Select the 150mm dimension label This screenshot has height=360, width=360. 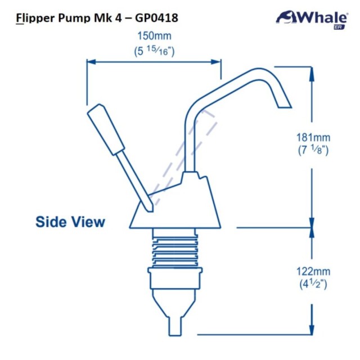[x=154, y=36]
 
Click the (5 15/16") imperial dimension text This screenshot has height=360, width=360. [x=154, y=51]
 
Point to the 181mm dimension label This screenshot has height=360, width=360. [x=313, y=137]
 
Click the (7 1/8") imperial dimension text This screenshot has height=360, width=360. [x=313, y=150]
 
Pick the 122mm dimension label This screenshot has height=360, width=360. [x=313, y=271]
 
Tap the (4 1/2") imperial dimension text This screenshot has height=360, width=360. [x=313, y=284]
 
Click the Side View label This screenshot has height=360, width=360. [x=70, y=222]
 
